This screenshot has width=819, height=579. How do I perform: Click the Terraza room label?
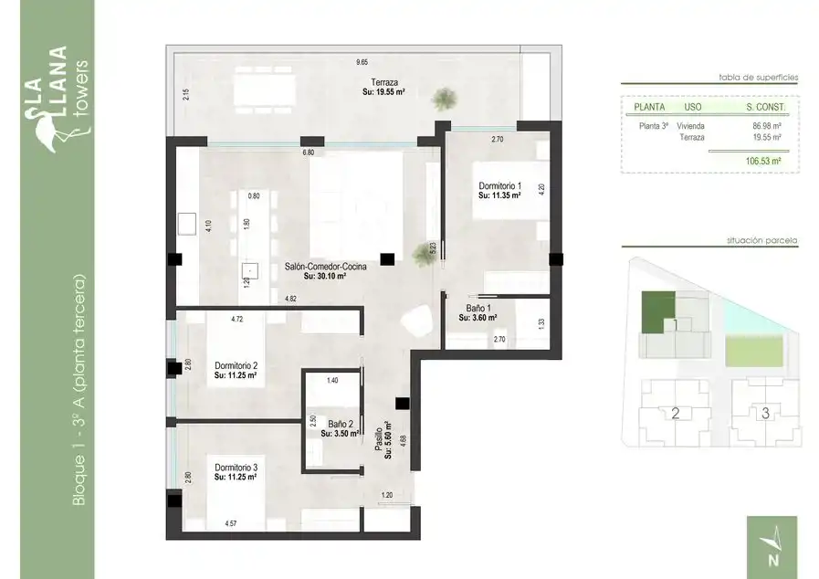pyautogui.click(x=384, y=82)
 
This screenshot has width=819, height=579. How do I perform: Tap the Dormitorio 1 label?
pyautogui.click(x=499, y=186)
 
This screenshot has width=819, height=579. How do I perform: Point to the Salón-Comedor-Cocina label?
pyautogui.click(x=325, y=267)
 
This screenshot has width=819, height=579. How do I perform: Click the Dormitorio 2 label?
pyautogui.click(x=236, y=366)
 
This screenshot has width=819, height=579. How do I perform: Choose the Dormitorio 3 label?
pyautogui.click(x=236, y=468)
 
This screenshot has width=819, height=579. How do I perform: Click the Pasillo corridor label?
pyautogui.click(x=378, y=439)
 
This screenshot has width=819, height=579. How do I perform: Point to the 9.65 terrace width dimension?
pyautogui.click(x=362, y=62)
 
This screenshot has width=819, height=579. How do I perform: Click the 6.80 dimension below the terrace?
pyautogui.click(x=309, y=153)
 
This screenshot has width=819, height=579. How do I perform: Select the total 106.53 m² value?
pyautogui.click(x=763, y=161)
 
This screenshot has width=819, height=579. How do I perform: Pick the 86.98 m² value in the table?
pyautogui.click(x=767, y=126)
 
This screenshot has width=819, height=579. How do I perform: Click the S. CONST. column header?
pyautogui.click(x=766, y=107)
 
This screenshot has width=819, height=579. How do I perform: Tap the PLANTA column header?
pyautogui.click(x=649, y=107)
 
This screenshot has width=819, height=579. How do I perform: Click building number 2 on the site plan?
pyautogui.click(x=675, y=414)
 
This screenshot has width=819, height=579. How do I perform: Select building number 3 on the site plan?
pyautogui.click(x=765, y=413)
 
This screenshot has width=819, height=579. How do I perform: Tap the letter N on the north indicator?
pyautogui.click(x=773, y=560)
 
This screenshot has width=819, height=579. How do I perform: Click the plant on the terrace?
pyautogui.click(x=444, y=99)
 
